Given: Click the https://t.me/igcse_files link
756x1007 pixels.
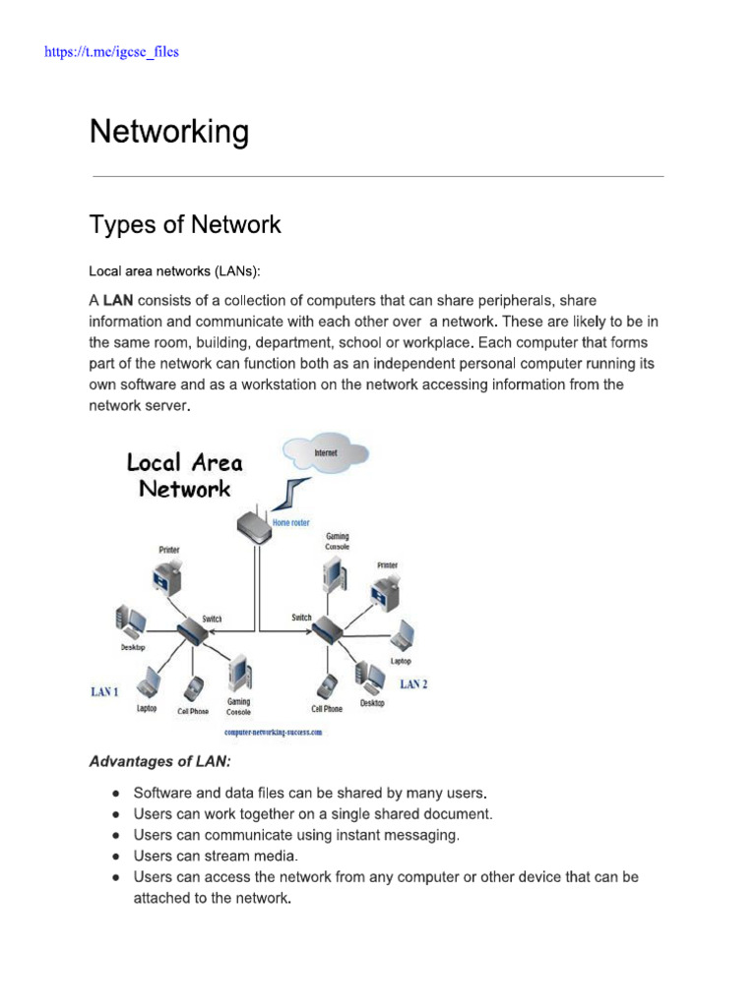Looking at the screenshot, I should coord(111,51).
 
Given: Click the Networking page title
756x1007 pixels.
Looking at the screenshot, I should coord(168,132).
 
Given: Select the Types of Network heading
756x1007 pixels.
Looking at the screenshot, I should coord(185,224).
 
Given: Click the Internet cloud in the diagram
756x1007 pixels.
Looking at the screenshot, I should coord(325,453).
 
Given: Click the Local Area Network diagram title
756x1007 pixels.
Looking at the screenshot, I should coord(184,475).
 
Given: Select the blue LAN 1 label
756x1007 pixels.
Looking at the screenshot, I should coord(105,692).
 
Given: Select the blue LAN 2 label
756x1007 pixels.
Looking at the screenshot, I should coord(413,684).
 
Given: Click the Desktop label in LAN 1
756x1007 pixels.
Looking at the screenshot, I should coord(133,647).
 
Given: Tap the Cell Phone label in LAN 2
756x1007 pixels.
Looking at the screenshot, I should coord(327,708).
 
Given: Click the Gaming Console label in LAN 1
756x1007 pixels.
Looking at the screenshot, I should coord(239,706).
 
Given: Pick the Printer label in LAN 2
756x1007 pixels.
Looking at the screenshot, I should coord(388,565).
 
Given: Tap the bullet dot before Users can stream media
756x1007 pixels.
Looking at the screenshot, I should coord(116,856).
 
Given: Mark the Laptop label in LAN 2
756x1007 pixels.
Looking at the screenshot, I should coord(401,661).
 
